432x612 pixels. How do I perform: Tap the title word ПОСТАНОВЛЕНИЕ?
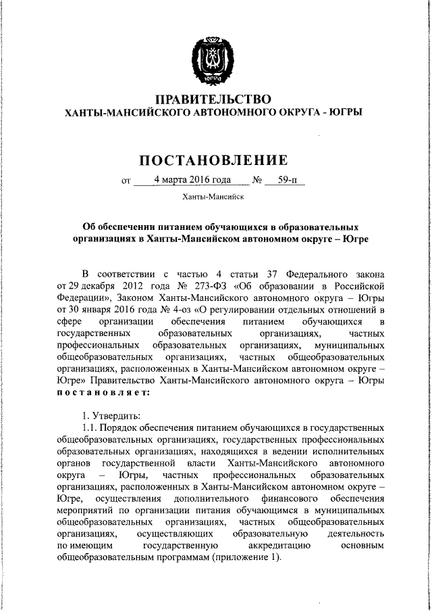[213, 160]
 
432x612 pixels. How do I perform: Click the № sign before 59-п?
[256, 181]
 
